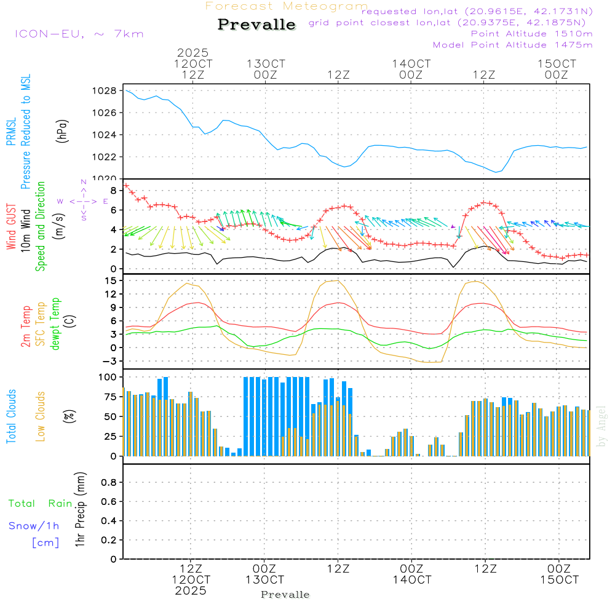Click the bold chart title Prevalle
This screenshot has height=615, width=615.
(x=257, y=25)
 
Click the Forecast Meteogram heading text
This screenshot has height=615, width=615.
(x=287, y=6)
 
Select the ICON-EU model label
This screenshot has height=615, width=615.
(x=79, y=33)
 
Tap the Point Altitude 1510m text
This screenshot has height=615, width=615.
(x=531, y=34)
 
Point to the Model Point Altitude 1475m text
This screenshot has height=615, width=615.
(x=512, y=45)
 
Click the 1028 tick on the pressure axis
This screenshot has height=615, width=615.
(x=105, y=91)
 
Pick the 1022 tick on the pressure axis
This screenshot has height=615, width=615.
(x=105, y=157)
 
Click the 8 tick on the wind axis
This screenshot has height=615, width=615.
(x=113, y=190)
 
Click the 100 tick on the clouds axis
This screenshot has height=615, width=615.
(x=107, y=377)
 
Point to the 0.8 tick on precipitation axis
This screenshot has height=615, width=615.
(x=108, y=483)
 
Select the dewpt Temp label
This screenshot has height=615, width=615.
(x=55, y=324)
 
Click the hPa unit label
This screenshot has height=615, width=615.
(x=62, y=130)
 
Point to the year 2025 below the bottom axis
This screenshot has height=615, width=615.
(x=191, y=591)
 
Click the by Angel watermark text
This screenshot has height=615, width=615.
(x=601, y=426)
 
